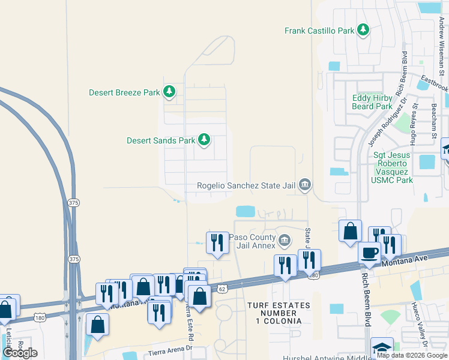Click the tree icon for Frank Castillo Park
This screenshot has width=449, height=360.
click(x=363, y=29)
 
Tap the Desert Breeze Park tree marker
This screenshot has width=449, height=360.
click(x=170, y=92)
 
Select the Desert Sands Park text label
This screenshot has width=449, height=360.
click(x=161, y=140)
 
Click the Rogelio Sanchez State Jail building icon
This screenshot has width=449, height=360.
click(x=305, y=185)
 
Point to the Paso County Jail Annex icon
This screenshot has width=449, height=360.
click(x=285, y=241)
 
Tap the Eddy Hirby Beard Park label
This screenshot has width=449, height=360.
click(x=372, y=102)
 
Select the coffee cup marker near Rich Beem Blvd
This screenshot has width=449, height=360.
click(x=370, y=253)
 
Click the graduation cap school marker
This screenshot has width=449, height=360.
click(x=382, y=349)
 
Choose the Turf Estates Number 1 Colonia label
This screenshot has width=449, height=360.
click(x=279, y=313)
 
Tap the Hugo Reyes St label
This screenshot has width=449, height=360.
click(x=413, y=129)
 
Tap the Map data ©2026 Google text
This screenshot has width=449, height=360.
click(x=412, y=355)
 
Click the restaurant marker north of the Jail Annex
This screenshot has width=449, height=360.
click(x=217, y=242)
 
